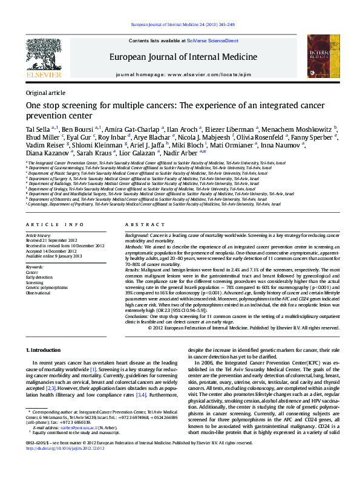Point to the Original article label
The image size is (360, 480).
[x=45, y=92]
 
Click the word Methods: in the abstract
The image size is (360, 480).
[x=134, y=247]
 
